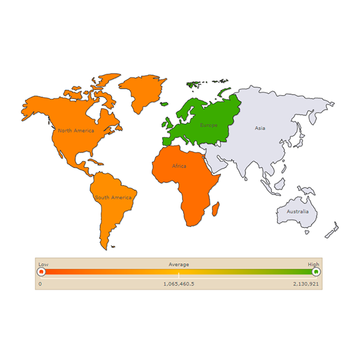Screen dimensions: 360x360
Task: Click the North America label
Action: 76,130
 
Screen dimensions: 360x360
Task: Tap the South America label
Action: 113,197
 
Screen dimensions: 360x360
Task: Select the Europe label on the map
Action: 209,125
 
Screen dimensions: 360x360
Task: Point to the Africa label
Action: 179,166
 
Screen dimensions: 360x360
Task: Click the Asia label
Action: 260,128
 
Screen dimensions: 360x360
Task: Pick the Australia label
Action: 298,212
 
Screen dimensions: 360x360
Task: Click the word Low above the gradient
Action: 43,264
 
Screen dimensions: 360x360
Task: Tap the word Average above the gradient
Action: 179,264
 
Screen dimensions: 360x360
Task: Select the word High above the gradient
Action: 314,264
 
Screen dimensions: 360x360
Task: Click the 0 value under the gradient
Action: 40,283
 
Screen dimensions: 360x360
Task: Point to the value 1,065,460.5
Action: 179,283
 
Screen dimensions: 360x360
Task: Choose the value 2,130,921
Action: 306,283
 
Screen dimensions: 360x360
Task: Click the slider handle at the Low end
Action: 41,272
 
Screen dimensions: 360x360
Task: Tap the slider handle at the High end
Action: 316,272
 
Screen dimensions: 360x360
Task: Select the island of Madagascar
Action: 215,209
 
